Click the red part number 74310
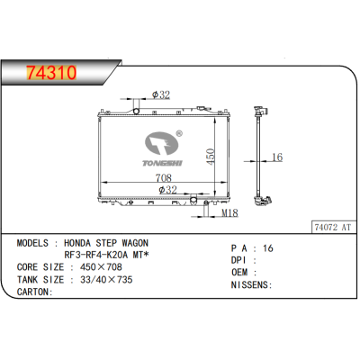(x=51, y=73)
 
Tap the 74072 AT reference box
(x=333, y=228)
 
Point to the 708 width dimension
(x=164, y=178)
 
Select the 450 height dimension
(x=211, y=157)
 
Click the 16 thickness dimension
(x=277, y=157)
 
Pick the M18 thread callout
(x=229, y=213)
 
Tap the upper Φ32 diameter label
(x=161, y=94)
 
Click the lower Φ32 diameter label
(x=167, y=190)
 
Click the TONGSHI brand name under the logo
(x=162, y=163)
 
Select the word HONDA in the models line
(x=77, y=243)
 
